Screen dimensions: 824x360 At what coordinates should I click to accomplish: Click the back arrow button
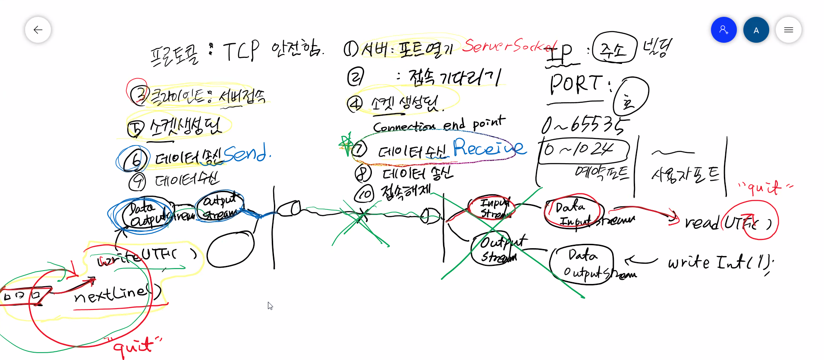(38, 30)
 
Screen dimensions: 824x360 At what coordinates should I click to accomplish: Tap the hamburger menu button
(788, 30)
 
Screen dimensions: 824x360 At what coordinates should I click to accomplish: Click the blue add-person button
(723, 30)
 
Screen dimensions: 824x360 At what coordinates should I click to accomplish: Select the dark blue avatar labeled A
(756, 30)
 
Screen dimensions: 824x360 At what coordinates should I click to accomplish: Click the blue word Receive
(488, 148)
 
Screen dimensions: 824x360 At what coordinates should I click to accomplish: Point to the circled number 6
(135, 160)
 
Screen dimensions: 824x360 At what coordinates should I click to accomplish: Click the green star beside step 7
(346, 144)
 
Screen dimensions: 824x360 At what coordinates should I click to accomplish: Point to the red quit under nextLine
(134, 346)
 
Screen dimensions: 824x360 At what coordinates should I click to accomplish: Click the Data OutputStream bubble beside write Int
(582, 264)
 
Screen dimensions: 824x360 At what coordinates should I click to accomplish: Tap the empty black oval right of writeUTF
(230, 249)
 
